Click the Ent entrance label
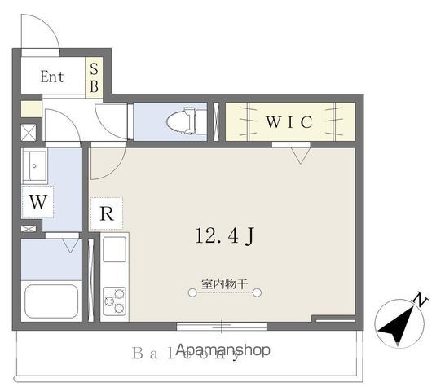coord(52,78)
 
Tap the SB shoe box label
coord(94,78)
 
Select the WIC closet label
coord(289,122)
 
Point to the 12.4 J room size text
coord(227,236)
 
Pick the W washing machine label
coord(38,203)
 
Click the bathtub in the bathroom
coord(51,301)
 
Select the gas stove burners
coord(114,300)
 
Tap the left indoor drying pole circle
coord(192,295)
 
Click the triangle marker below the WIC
coord(301,154)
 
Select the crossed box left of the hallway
coord(28,130)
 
